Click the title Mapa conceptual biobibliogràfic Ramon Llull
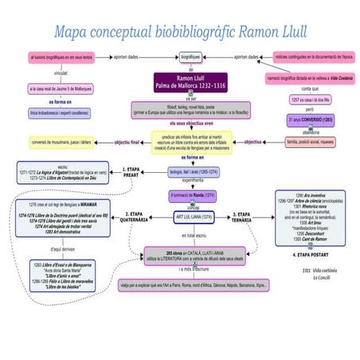(179, 33)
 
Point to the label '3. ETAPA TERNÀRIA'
(247, 216)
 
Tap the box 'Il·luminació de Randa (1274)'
(194, 194)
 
